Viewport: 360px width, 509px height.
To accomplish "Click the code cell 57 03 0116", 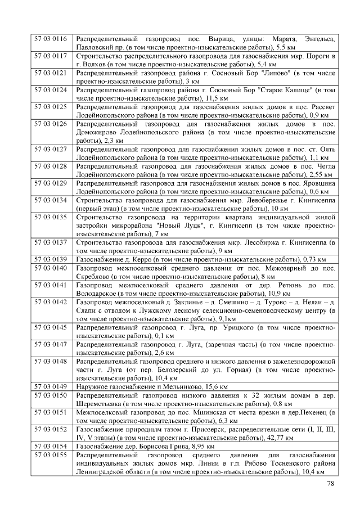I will pyautogui.click(x=51, y=39).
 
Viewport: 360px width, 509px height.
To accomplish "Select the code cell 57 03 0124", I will pyautogui.click(x=51, y=89).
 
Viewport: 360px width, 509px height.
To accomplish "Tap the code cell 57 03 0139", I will pyautogui.click(x=51, y=259).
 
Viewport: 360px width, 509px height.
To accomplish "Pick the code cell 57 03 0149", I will pyautogui.click(x=51, y=386).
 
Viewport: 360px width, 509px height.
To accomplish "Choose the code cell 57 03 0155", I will pyautogui.click(x=51, y=454).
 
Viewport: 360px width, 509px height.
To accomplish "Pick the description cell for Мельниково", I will pyautogui.click(x=206, y=387).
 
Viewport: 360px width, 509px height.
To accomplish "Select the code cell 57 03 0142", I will pyautogui.click(x=51, y=302).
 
